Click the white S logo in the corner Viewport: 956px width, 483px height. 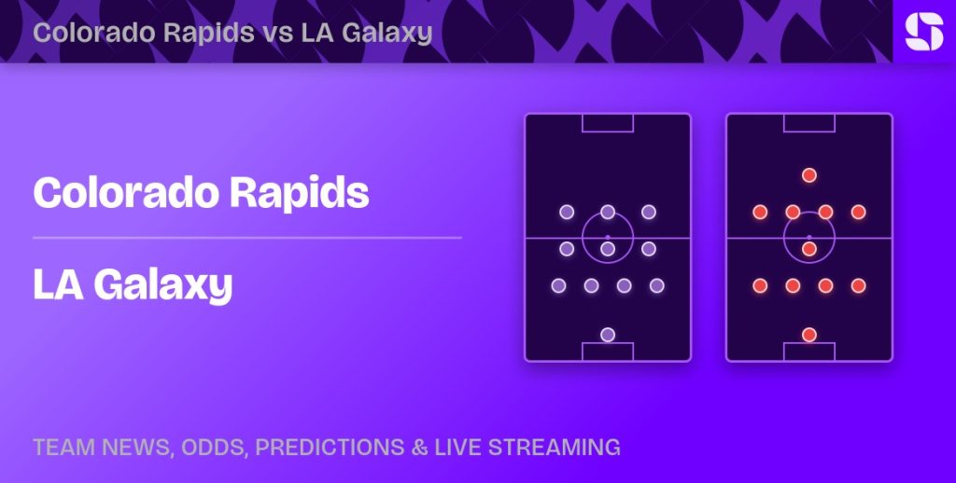(x=923, y=32)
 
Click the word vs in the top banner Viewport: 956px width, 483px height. (x=278, y=33)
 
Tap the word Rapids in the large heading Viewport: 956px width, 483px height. (x=300, y=193)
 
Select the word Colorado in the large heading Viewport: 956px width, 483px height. (x=126, y=193)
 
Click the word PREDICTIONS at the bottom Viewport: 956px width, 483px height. (x=330, y=447)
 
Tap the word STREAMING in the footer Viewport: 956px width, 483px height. (x=555, y=447)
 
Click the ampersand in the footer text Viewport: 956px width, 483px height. (x=419, y=447)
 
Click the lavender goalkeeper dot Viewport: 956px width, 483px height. (x=607, y=335)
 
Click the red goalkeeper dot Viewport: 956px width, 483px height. (x=809, y=335)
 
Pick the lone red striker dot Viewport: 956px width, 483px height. (x=809, y=175)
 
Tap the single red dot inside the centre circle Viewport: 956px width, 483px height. (x=809, y=249)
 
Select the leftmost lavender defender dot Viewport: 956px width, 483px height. (x=558, y=285)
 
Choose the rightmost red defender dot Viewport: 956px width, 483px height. (x=859, y=285)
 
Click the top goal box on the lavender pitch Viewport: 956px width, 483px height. (x=608, y=131)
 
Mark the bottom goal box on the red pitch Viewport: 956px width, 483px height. (x=809, y=343)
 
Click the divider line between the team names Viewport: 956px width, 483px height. (x=246, y=238)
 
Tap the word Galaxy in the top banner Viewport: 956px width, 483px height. (x=387, y=34)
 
